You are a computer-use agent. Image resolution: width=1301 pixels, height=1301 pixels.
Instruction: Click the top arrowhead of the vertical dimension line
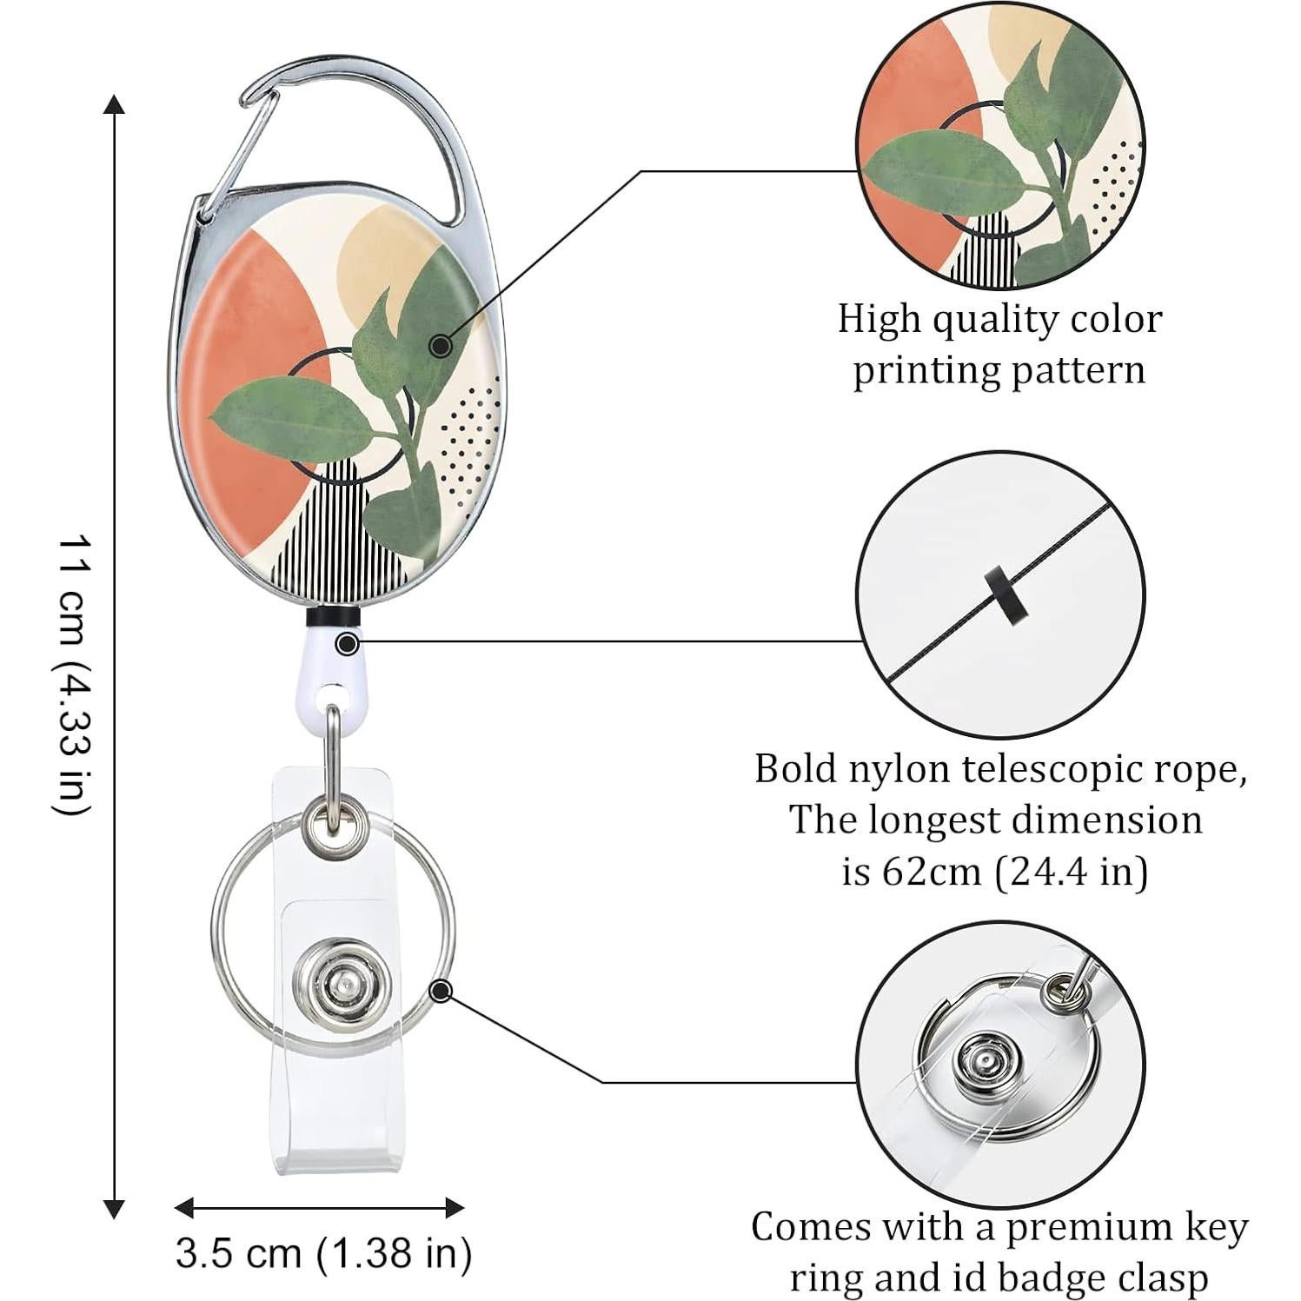coord(114,104)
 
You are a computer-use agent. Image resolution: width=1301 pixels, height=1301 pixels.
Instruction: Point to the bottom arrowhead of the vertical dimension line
coord(114,1208)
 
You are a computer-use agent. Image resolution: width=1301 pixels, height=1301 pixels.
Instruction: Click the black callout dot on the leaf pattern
coord(441,346)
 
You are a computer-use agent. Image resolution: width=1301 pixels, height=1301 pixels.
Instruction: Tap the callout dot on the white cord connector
coord(348,644)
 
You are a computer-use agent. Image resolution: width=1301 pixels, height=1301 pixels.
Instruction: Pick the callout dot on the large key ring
coord(441,990)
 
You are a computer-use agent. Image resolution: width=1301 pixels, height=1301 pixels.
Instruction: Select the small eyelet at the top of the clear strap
coord(331,819)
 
